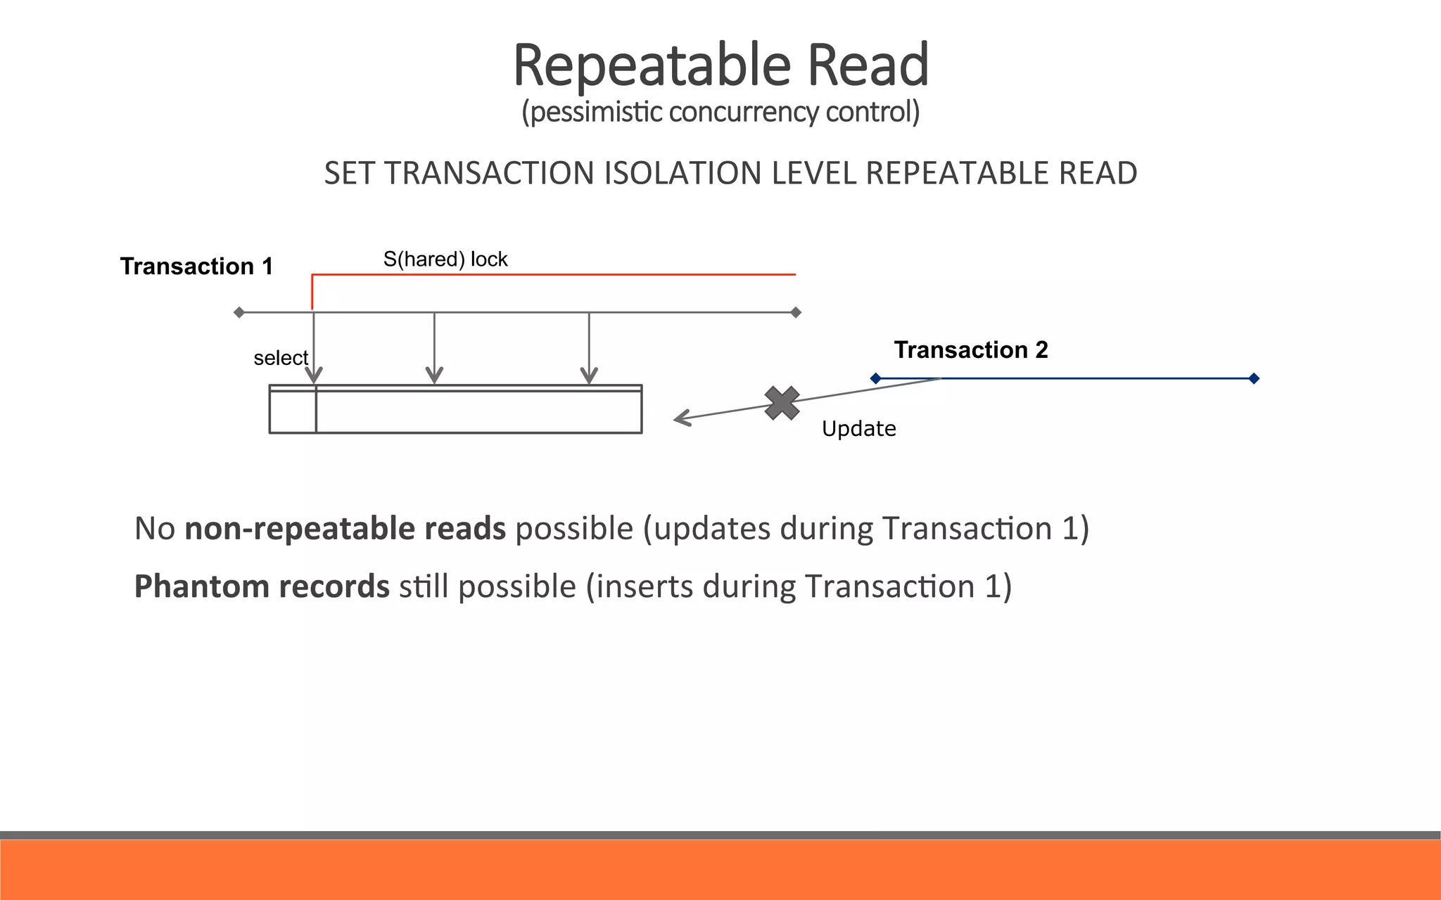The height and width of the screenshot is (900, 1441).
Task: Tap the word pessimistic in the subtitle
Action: click(x=595, y=112)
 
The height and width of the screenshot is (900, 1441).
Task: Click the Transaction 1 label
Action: click(x=196, y=266)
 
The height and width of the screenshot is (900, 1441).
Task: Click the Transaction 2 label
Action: click(x=970, y=350)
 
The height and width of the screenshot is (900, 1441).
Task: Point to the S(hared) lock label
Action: click(x=445, y=259)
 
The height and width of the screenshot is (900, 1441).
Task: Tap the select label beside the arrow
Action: click(x=280, y=359)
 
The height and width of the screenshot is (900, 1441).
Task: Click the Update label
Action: click(x=858, y=429)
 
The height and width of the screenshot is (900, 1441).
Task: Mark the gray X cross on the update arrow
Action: click(x=782, y=404)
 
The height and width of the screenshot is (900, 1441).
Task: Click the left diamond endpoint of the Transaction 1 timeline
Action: click(x=239, y=312)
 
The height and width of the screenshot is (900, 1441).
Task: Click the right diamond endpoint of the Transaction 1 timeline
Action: click(x=796, y=312)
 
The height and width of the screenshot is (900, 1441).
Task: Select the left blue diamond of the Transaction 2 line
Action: click(x=875, y=378)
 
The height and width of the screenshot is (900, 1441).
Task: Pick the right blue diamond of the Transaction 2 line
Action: click(x=1254, y=378)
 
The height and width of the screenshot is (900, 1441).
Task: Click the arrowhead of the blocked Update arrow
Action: click(x=680, y=419)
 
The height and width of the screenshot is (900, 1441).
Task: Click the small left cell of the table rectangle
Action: click(x=293, y=412)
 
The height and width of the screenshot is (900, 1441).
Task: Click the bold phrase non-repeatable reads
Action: click(x=345, y=529)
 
